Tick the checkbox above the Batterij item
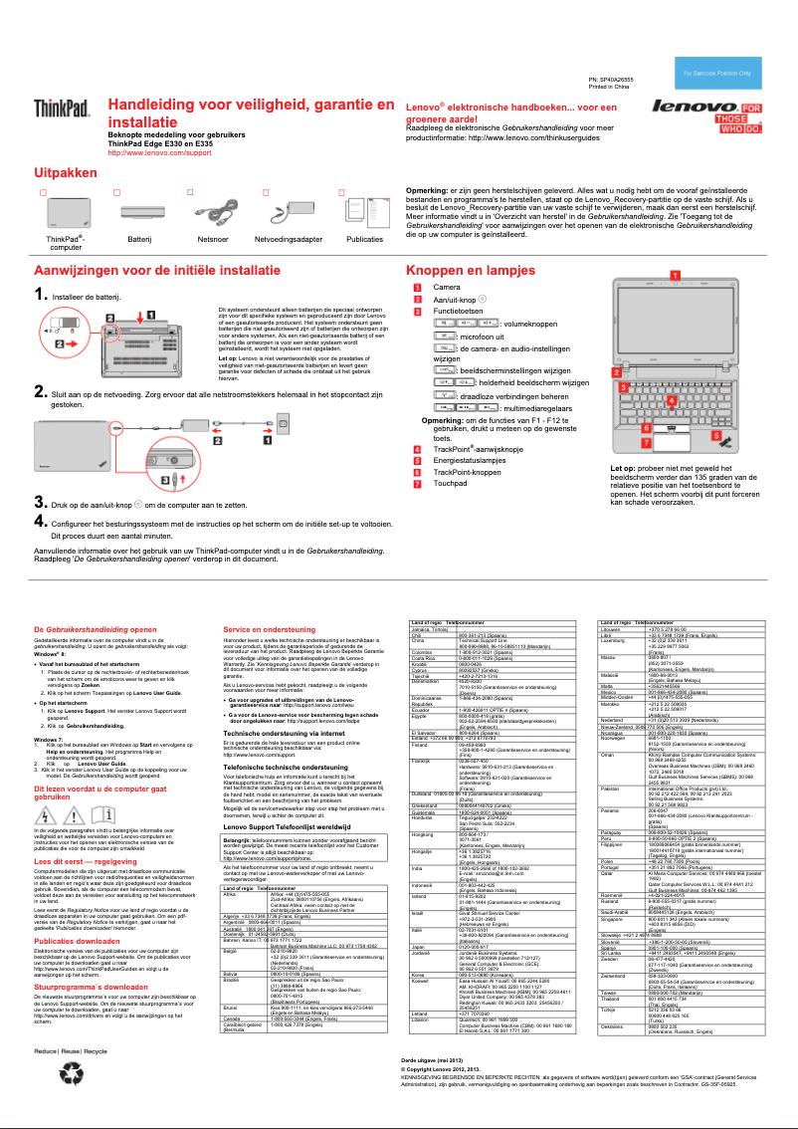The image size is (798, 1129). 116,190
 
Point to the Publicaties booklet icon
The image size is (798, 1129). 363,210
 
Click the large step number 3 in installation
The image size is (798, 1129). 39,502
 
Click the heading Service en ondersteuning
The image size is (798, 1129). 263,630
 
